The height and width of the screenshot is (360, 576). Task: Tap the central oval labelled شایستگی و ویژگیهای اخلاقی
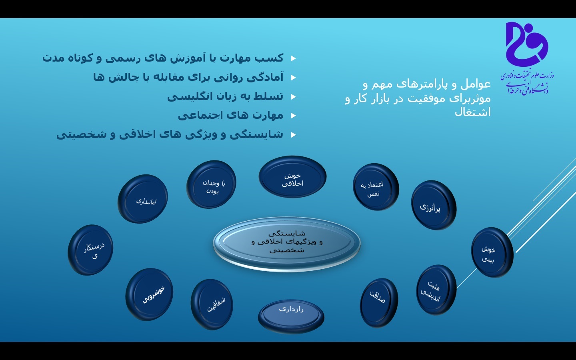pos(287,243)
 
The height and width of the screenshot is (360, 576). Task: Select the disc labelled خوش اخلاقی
pos(292,177)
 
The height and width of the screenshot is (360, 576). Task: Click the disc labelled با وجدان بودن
pos(211,184)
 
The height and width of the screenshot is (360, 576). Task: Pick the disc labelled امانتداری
pos(143,199)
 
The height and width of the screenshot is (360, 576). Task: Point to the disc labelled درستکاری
pos(90,250)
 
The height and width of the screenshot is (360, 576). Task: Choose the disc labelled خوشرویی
pos(149,294)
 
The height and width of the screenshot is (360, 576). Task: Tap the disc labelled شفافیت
pos(212,304)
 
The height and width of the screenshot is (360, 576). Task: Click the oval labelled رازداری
pos(291,316)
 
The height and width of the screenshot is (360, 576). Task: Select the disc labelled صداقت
pos(379,303)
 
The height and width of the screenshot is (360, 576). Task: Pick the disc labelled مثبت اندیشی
pos(436,290)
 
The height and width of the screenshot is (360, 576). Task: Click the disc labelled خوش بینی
pos(492,252)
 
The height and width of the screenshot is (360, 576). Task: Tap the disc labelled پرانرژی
pos(434,205)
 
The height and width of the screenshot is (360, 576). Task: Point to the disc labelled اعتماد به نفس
pos(376,187)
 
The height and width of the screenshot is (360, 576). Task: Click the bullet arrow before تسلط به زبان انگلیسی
pos(294,97)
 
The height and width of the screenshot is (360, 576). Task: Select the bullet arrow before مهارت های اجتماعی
pos(294,116)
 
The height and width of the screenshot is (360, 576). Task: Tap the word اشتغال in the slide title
pos(473,112)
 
